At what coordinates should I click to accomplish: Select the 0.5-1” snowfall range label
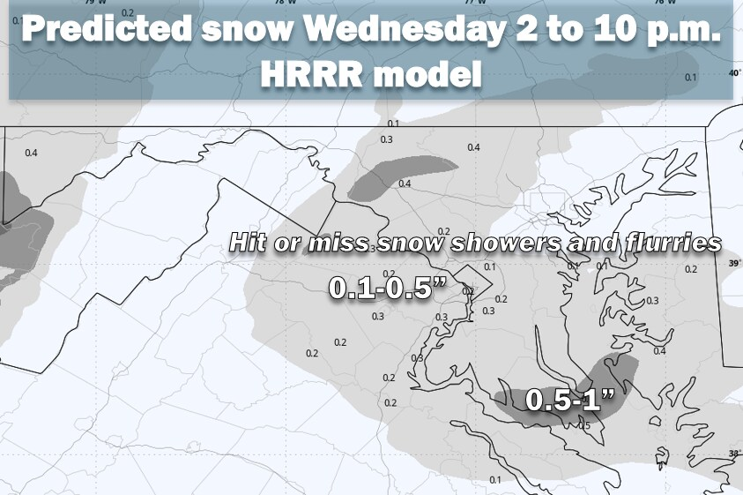pos(569,400)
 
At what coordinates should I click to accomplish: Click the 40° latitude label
pos(735,73)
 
